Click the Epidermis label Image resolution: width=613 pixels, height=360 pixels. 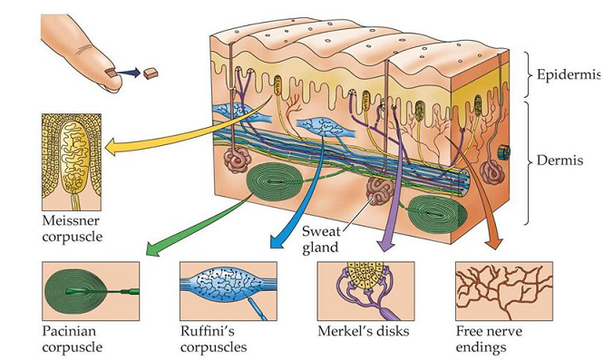click(x=568, y=74)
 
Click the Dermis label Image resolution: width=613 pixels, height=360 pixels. click(x=559, y=161)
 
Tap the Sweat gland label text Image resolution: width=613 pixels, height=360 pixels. click(x=321, y=239)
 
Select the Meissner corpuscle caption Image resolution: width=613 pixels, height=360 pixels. click(x=73, y=229)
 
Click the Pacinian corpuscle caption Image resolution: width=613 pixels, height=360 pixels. click(x=73, y=339)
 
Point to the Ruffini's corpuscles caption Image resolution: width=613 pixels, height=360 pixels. click(x=213, y=339)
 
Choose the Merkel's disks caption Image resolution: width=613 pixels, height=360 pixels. click(x=364, y=332)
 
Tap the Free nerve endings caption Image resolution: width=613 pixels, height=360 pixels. click(x=489, y=339)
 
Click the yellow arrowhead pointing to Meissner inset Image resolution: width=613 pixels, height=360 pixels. click(x=112, y=147)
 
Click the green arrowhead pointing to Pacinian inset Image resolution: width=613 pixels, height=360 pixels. click(x=153, y=249)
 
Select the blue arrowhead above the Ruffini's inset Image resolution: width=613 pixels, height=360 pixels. click(x=277, y=241)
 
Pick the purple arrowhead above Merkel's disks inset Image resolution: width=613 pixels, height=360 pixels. click(x=386, y=245)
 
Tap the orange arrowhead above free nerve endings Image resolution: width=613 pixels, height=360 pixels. click(x=493, y=243)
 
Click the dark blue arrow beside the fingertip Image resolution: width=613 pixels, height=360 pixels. click(x=128, y=73)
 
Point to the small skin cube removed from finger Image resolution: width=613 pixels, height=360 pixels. click(x=151, y=73)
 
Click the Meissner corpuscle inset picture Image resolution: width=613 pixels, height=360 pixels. click(x=72, y=162)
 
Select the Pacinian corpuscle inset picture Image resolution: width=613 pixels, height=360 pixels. click(x=91, y=291)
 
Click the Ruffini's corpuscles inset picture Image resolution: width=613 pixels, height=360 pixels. click(x=229, y=291)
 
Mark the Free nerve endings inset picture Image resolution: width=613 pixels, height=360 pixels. click(x=504, y=291)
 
